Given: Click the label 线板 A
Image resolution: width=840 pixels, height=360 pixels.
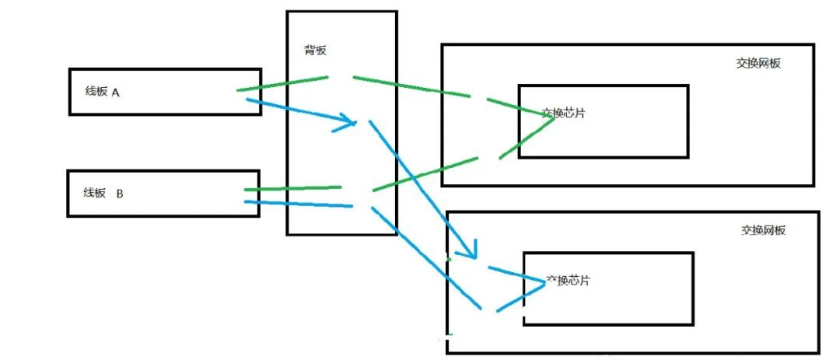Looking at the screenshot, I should tap(102, 92).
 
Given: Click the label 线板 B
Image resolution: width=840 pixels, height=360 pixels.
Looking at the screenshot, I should tap(103, 193).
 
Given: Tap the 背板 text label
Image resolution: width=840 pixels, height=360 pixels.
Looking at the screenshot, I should tap(315, 51).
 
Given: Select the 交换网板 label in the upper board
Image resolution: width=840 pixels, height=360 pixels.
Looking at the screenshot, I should tap(758, 64).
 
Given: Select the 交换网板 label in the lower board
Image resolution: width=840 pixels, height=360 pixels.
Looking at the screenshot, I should tap(763, 230).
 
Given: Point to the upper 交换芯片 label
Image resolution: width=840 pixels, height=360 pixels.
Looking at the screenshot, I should tap(563, 113).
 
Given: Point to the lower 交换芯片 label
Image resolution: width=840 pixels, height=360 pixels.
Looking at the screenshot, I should tap(568, 280).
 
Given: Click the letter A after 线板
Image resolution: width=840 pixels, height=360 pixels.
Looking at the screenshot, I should tap(115, 92).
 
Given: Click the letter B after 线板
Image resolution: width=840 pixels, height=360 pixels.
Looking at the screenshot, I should tap(120, 193).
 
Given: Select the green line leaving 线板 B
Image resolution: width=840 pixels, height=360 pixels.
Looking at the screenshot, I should tap(292, 188).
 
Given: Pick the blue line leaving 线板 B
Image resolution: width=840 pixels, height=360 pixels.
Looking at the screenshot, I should tap(299, 204).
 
